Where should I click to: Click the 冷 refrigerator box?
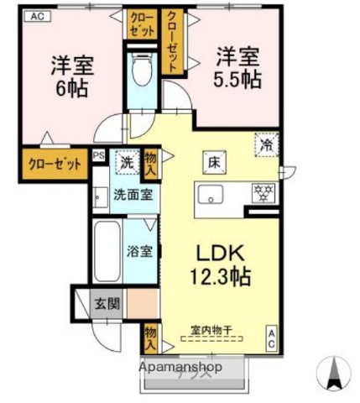[x=266, y=144]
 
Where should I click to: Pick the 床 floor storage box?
[x=215, y=161]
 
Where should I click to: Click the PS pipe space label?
[x=98, y=155]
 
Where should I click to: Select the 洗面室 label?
[x=132, y=195]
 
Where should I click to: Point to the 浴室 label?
[x=139, y=250]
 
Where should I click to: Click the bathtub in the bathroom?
[x=106, y=253]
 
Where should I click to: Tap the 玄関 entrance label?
[x=107, y=303]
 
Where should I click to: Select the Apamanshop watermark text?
[x=180, y=367]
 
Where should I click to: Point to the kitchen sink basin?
[x=209, y=195]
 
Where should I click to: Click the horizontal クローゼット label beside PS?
[x=54, y=163]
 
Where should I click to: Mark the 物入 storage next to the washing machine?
[x=150, y=161]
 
